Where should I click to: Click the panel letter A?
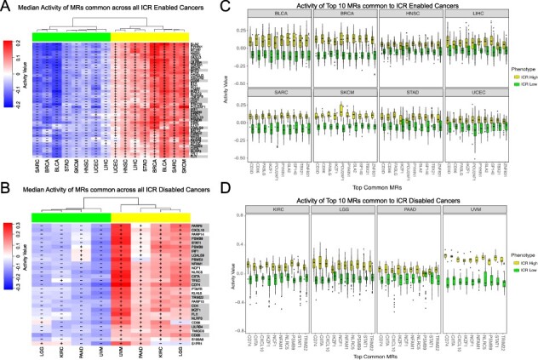(x=6, y=7)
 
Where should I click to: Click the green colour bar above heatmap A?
(x=72, y=36)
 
